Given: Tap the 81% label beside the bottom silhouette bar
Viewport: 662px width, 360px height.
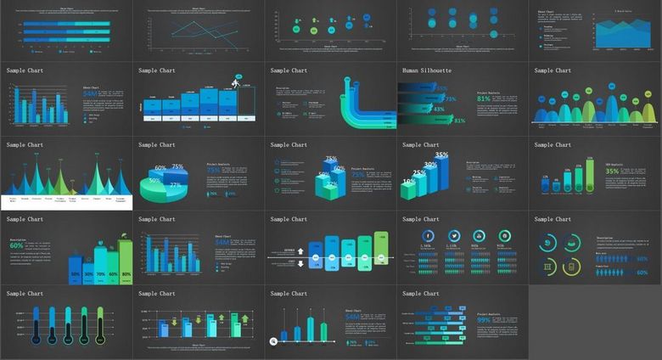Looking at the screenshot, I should pyautogui.click(x=459, y=121).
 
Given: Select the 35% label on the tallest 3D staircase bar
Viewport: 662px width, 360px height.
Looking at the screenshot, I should pyautogui.click(x=441, y=155).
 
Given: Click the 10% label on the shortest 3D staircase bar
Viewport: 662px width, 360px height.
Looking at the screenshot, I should pyautogui.click(x=407, y=181).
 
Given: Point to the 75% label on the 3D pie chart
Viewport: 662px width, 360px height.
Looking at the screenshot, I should pyautogui.click(x=177, y=167).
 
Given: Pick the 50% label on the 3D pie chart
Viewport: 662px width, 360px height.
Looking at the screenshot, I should pyautogui.click(x=154, y=180).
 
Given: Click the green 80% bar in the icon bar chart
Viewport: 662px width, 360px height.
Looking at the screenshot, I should pyautogui.click(x=126, y=273).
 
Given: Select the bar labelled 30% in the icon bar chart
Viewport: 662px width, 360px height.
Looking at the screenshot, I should pyautogui.click(x=87, y=274).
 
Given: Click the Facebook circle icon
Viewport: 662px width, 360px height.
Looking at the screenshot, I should pyautogui.click(x=429, y=235).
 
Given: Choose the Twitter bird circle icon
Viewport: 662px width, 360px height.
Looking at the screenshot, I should pyautogui.click(x=454, y=235).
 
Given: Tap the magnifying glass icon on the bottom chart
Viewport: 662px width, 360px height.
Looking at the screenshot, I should pyautogui.click(x=273, y=341).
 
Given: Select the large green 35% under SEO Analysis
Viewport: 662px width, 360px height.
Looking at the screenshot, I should pyautogui.click(x=611, y=172).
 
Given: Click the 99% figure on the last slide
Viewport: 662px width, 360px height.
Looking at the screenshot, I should pyautogui.click(x=484, y=320).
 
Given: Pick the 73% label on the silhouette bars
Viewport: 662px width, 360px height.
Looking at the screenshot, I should pyautogui.click(x=450, y=98).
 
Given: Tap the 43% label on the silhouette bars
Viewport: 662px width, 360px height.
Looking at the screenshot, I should pyautogui.click(x=438, y=109).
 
